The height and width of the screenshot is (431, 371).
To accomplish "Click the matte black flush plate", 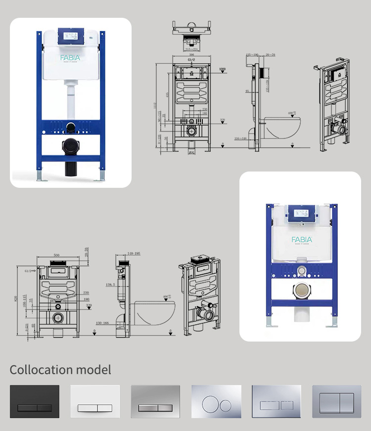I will click(35, 402).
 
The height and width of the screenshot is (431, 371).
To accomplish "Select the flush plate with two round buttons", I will click(216, 402).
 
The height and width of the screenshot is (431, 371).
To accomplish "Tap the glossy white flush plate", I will click(95, 402).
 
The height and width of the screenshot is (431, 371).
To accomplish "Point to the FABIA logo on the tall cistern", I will click(73, 58).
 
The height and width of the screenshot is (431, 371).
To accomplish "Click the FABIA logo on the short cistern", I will click(301, 240).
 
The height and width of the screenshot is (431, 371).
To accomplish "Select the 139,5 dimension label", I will click(124, 285).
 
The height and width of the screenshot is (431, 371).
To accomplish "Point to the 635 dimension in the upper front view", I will click(167, 95).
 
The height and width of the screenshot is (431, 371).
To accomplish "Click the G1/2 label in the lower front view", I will click(28, 271).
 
